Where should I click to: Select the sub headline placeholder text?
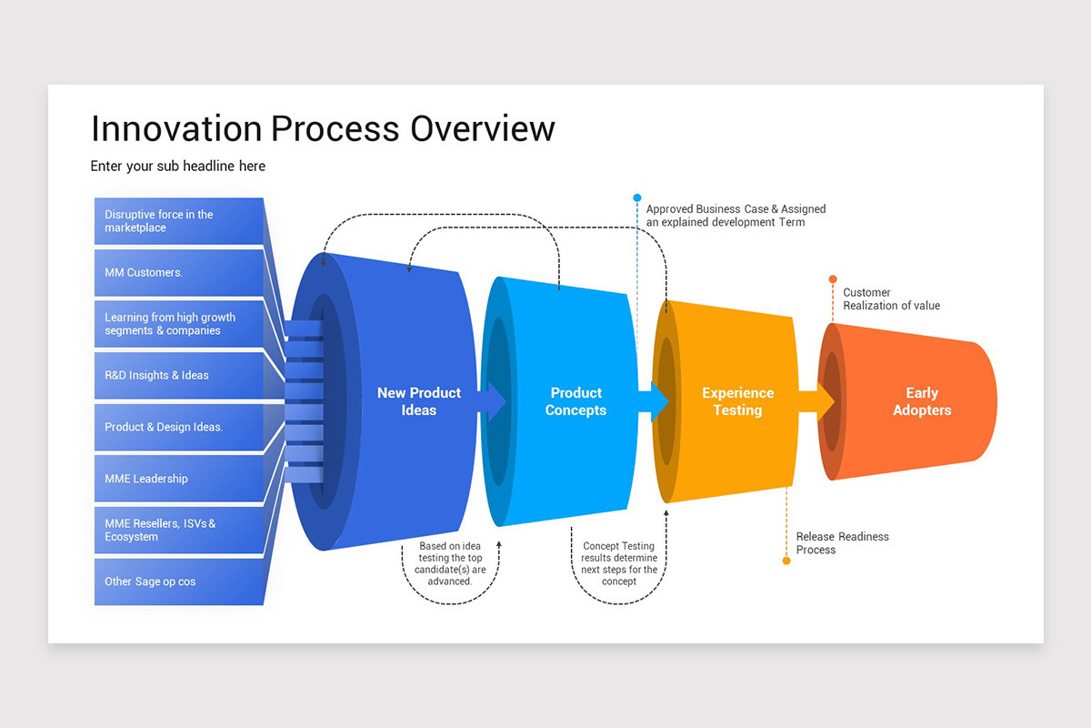coord(177,167)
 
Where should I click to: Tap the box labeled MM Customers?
coord(178,272)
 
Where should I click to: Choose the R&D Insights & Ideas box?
coord(178,375)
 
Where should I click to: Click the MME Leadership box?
coord(178,479)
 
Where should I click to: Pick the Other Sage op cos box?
coord(178,581)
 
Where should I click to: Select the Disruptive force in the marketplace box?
coord(178,221)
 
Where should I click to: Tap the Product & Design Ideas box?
coord(178,427)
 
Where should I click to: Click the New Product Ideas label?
coord(419,401)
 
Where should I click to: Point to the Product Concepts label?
coord(576,401)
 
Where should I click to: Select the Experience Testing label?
coord(737,401)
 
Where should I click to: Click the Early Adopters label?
coord(921,401)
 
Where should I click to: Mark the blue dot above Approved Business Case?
coord(637,197)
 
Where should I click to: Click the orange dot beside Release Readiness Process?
coord(786,561)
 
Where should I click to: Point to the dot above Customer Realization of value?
coord(833,279)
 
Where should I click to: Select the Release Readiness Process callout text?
coord(842,543)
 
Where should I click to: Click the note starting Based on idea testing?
coord(451,563)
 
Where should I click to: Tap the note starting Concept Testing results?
coord(618,563)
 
